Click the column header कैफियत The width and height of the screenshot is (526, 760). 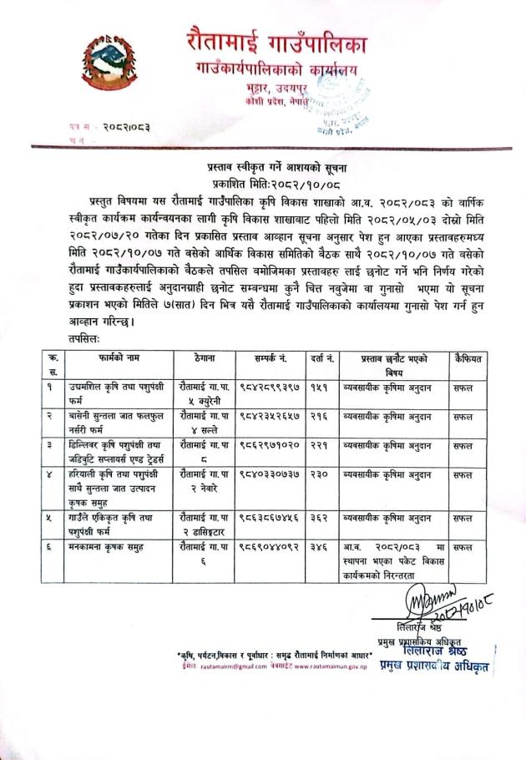pyautogui.click(x=470, y=357)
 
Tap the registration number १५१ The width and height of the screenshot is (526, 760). pyautogui.click(x=316, y=388)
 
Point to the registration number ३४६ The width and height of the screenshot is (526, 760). pyautogui.click(x=317, y=547)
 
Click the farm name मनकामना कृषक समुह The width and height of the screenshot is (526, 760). pyautogui.click(x=101, y=547)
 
